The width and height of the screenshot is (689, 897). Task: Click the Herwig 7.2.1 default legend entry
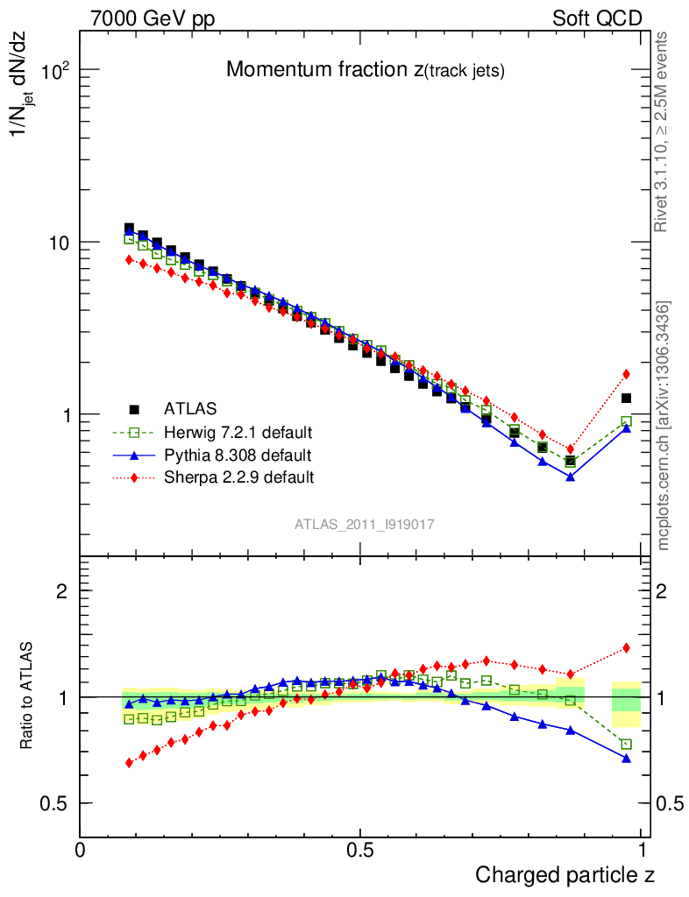click(238, 432)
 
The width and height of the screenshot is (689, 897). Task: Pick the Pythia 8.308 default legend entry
click(237, 455)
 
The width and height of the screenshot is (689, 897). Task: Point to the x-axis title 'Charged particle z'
click(565, 874)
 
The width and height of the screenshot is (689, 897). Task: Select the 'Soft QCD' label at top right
click(597, 18)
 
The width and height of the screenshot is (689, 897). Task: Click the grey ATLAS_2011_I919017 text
click(365, 524)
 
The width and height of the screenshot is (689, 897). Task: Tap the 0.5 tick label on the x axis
click(360, 850)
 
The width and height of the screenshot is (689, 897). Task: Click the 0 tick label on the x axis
click(81, 850)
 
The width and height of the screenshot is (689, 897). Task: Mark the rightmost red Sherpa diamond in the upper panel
click(626, 374)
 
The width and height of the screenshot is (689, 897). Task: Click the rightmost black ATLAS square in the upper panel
click(626, 399)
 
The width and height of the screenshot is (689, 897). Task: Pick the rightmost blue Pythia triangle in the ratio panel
click(626, 758)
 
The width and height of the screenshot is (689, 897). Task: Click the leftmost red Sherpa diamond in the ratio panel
click(129, 763)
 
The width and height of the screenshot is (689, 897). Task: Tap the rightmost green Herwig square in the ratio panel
click(626, 744)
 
